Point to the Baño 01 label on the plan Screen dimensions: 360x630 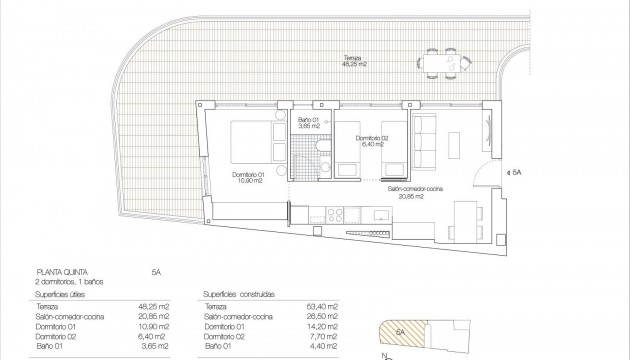pyautogui.click(x=309, y=123)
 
